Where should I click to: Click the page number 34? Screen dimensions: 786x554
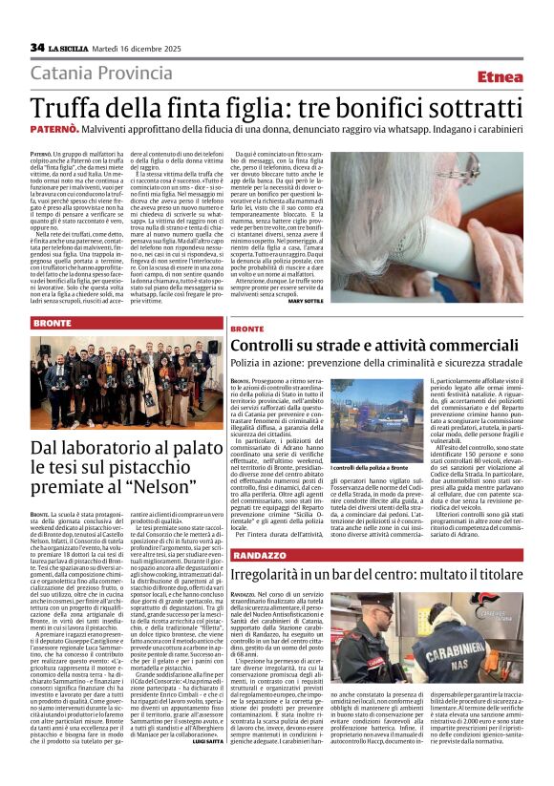tap(37, 48)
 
